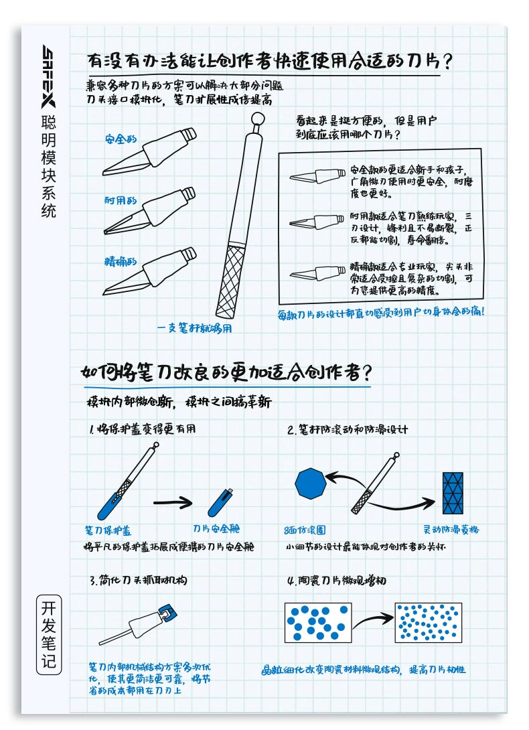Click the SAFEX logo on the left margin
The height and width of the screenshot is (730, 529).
(49, 76)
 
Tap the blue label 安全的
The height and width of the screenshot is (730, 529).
(121, 139)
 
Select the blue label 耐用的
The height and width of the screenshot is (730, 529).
(121, 200)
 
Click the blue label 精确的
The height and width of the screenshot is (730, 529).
(121, 261)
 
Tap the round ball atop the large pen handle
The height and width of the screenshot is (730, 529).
(256, 120)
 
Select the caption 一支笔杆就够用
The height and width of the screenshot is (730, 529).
(195, 328)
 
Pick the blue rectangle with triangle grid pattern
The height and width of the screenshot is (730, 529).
(453, 492)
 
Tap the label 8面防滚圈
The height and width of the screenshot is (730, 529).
(305, 530)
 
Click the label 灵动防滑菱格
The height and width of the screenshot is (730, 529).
(452, 529)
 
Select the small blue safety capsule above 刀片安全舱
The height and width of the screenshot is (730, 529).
(220, 502)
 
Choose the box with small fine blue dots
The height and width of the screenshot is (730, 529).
(428, 621)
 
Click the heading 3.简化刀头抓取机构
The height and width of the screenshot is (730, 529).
(138, 580)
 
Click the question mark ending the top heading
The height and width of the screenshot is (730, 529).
(449, 61)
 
